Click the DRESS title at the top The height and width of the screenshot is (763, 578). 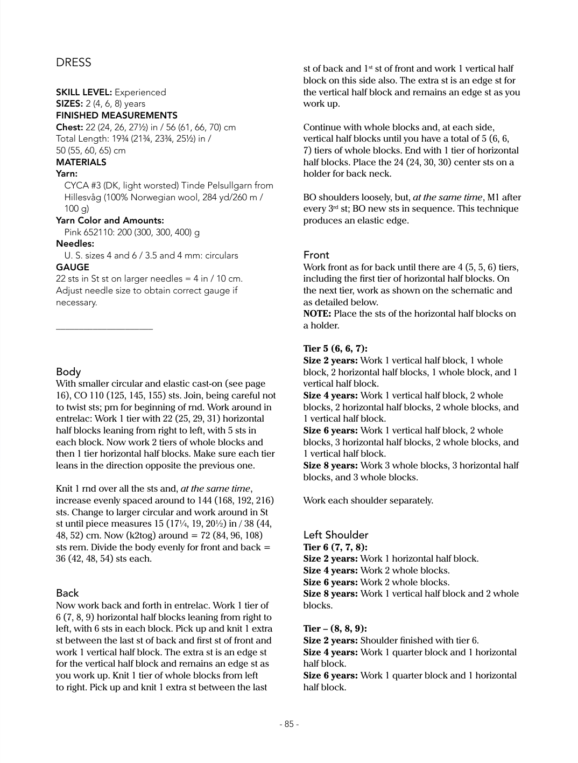74,62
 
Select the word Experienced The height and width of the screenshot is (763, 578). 140,92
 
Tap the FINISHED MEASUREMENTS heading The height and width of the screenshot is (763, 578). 117,115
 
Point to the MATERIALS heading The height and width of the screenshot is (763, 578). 81,162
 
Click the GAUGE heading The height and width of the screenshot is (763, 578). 73,267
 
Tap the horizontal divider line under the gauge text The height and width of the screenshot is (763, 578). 104,328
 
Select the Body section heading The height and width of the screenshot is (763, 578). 68,372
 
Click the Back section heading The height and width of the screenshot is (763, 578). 67,593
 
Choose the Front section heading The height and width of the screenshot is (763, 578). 316,255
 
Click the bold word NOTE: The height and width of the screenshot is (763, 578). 317,313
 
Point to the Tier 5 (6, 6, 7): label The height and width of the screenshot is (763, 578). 335,348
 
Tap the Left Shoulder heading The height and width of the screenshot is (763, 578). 336,535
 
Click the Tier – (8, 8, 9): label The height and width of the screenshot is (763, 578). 335,628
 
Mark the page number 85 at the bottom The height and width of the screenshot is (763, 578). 289,724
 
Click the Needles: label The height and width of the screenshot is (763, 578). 75,244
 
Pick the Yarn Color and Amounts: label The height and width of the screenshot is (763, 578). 110,220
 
